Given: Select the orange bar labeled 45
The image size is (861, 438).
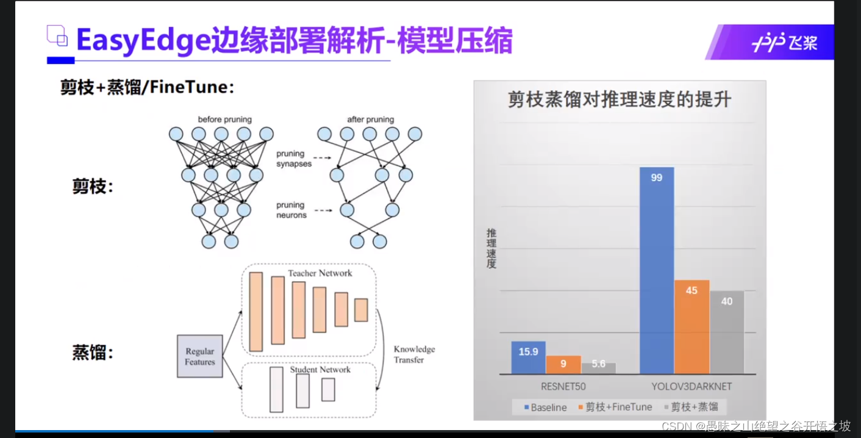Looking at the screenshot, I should [x=691, y=327].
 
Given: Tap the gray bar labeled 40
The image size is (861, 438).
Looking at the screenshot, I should [x=727, y=332].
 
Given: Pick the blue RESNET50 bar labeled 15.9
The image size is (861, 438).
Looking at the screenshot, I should [x=528, y=357].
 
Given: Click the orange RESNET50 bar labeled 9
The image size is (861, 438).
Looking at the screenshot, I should [x=563, y=365].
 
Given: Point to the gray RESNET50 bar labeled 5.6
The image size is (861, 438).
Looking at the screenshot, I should [x=598, y=368].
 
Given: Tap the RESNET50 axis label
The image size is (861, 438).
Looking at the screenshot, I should [x=563, y=387].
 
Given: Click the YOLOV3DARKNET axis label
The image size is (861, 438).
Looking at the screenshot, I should [x=691, y=387].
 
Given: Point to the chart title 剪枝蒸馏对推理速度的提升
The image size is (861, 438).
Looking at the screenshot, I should [x=620, y=100].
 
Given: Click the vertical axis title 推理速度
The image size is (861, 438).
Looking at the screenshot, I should [x=491, y=248].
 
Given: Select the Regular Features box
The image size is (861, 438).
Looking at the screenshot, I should [x=200, y=356].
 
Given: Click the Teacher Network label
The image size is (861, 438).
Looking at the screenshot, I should [x=320, y=273].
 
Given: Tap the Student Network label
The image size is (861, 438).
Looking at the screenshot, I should [x=320, y=370].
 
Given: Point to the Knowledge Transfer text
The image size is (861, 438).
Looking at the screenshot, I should [x=414, y=354].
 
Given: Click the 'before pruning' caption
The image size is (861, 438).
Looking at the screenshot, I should [x=224, y=120].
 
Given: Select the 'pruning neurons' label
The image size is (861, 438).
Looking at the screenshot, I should [x=291, y=210].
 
